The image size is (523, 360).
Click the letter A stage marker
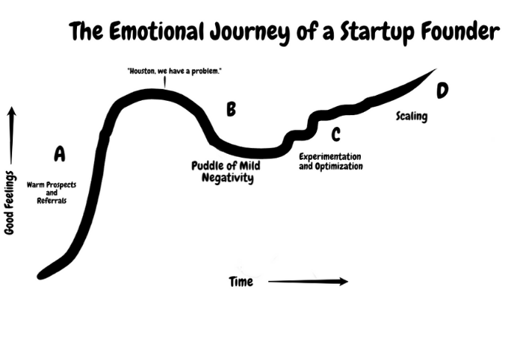[x=60, y=155]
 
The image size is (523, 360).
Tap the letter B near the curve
[x=231, y=111]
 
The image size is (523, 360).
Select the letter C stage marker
[x=335, y=134]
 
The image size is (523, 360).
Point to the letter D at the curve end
[x=443, y=90]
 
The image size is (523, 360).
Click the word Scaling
[x=412, y=117]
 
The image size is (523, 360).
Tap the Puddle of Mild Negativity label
[x=226, y=172]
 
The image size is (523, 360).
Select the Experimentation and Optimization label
[x=330, y=161]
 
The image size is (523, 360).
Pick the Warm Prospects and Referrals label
[x=52, y=192]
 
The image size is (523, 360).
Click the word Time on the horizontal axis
[x=241, y=282]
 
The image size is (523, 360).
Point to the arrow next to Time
[x=307, y=282]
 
